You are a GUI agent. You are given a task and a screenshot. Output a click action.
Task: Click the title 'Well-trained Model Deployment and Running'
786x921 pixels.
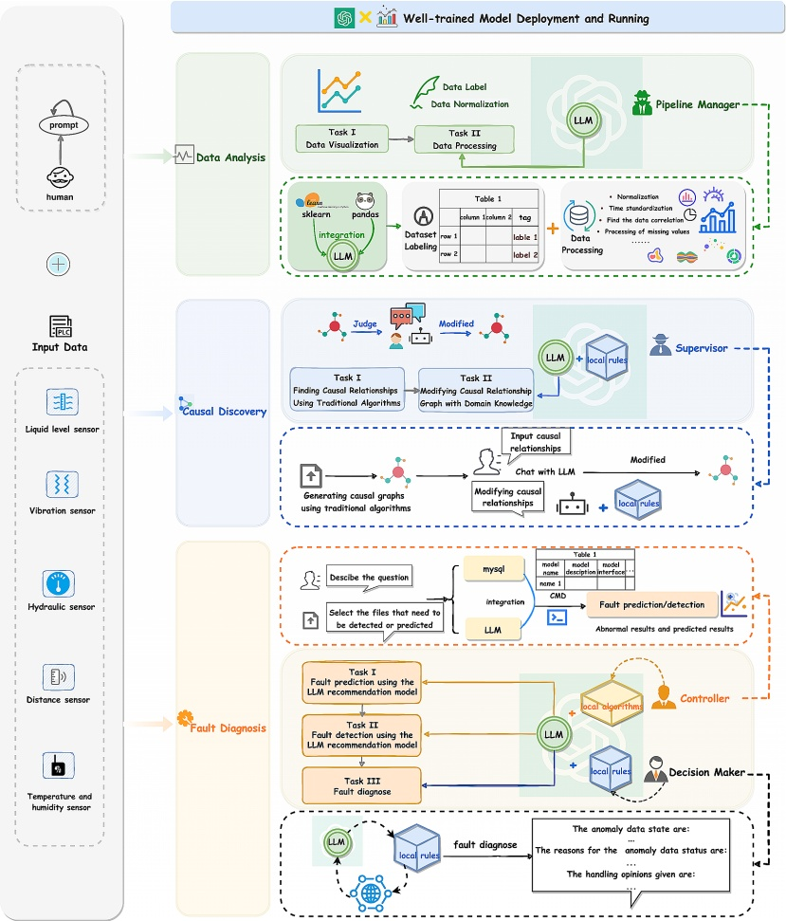point(526,18)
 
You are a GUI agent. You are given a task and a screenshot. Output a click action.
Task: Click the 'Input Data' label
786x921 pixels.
point(62,346)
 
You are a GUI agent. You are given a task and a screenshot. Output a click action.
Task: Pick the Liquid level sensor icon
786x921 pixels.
point(62,401)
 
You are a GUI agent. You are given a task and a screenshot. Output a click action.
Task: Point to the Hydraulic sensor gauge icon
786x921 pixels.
point(62,581)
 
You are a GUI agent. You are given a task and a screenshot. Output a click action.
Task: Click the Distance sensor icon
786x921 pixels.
point(62,675)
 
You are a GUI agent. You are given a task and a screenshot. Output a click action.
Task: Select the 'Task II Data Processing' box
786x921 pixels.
point(465,139)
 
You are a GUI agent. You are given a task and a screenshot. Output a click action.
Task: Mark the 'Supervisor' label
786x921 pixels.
point(702,348)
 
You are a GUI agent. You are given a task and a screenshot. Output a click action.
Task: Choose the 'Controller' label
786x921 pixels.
point(704,699)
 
